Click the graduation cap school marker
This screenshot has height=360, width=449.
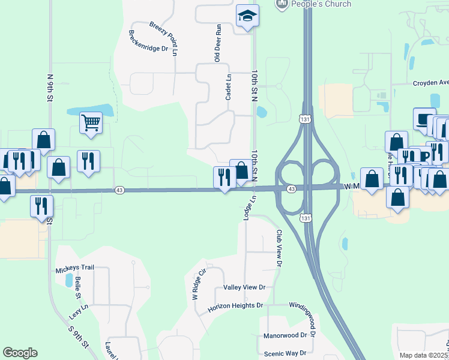(x=247, y=16)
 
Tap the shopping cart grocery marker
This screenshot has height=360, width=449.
(x=91, y=123)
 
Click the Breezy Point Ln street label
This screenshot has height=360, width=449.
(x=163, y=35)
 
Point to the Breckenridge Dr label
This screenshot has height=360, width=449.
(x=148, y=41)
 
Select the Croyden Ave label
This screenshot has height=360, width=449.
(x=430, y=83)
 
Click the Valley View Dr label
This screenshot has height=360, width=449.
(x=244, y=287)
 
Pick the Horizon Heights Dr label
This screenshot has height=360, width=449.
(x=235, y=306)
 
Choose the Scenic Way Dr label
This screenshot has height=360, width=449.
(x=285, y=353)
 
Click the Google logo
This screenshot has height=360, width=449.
(x=20, y=353)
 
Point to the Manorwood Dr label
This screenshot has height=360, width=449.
(x=285, y=335)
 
